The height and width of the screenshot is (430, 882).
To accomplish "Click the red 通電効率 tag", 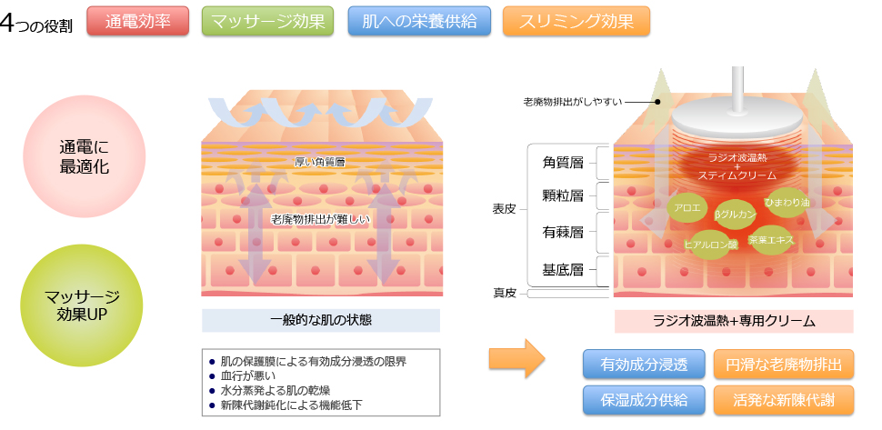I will pos(136,21).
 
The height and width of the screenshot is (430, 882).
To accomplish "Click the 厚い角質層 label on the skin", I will pos(320,162).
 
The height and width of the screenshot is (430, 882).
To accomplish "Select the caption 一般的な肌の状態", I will pos(320,320).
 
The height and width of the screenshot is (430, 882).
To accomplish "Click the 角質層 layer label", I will pos(563,162).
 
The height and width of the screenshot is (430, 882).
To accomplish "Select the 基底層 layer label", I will pos(563,269).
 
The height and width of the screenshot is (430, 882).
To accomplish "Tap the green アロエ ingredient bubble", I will pos(687,207).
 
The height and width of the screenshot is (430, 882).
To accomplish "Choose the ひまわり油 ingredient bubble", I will pos(785,201).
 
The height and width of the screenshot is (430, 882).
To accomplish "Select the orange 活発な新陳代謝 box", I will pos(784,399).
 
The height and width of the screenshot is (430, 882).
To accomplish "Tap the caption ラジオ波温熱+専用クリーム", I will pos(734,321).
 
